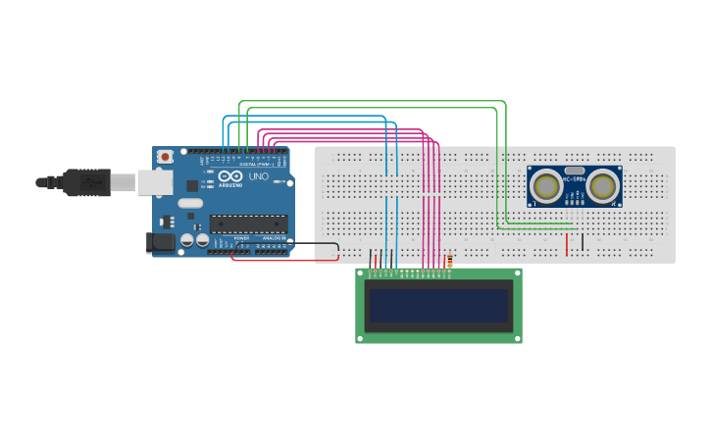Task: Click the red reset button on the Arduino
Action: (x=165, y=156)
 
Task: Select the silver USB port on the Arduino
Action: (x=153, y=181)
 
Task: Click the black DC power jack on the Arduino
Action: (x=159, y=241)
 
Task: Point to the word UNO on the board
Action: (x=258, y=177)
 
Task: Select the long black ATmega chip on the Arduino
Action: (x=248, y=223)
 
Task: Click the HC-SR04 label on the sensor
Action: (x=574, y=179)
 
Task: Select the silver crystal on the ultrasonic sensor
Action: (x=574, y=170)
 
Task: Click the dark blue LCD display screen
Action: (x=438, y=306)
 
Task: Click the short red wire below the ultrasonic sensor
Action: (x=566, y=244)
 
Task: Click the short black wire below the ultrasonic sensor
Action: (x=583, y=241)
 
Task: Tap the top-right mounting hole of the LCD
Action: (x=517, y=273)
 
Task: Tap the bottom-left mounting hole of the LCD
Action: (x=360, y=338)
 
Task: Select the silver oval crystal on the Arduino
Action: (x=190, y=203)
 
